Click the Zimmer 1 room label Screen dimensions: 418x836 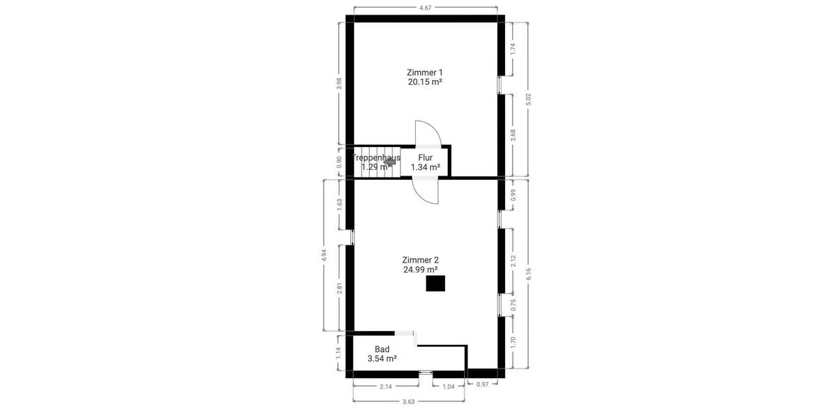(x=425, y=72)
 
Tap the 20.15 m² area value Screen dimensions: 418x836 (x=425, y=82)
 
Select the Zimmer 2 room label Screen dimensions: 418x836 (x=420, y=260)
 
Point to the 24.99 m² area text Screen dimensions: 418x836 (x=420, y=270)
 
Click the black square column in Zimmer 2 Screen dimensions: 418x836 (x=435, y=284)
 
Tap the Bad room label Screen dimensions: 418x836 (x=382, y=349)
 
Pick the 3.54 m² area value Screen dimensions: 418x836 (x=382, y=359)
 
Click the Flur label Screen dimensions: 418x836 (x=425, y=158)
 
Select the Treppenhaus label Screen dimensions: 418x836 (x=377, y=158)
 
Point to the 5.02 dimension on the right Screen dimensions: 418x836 (x=529, y=100)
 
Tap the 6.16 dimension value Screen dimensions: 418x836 (x=529, y=273)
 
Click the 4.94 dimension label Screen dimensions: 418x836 (x=324, y=255)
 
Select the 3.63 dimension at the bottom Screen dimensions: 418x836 (x=409, y=401)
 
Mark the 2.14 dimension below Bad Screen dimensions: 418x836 (x=385, y=386)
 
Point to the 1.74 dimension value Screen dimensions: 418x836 (x=513, y=49)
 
